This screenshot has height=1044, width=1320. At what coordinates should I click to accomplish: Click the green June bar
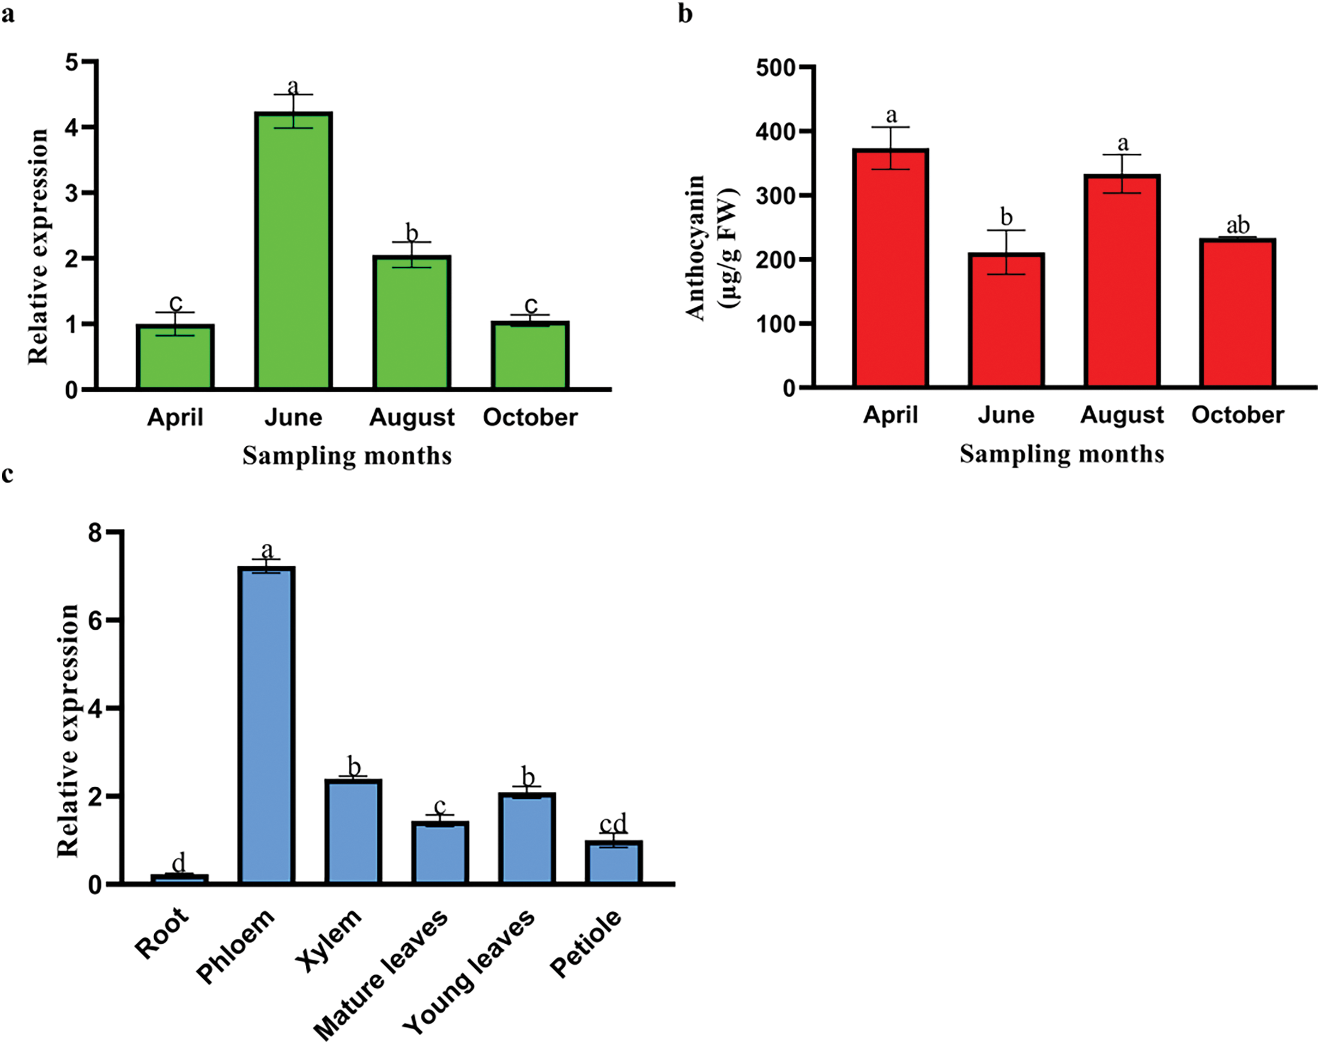pos(293,251)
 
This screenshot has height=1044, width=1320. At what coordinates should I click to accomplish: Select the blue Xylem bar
pos(353,832)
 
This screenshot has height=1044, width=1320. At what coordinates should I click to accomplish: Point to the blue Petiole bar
pos(613,862)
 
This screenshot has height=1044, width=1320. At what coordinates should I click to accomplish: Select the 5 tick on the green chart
pos(72,62)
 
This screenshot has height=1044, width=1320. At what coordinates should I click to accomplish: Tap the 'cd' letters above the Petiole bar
pos(613,824)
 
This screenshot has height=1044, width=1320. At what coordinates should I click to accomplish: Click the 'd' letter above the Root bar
pos(178,863)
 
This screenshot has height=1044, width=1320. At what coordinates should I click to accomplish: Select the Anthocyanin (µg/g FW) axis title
pos(712,248)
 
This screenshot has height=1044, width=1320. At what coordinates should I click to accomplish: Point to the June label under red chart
pos(1006,415)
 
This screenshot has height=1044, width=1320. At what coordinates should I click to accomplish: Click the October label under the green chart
pos(530,418)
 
